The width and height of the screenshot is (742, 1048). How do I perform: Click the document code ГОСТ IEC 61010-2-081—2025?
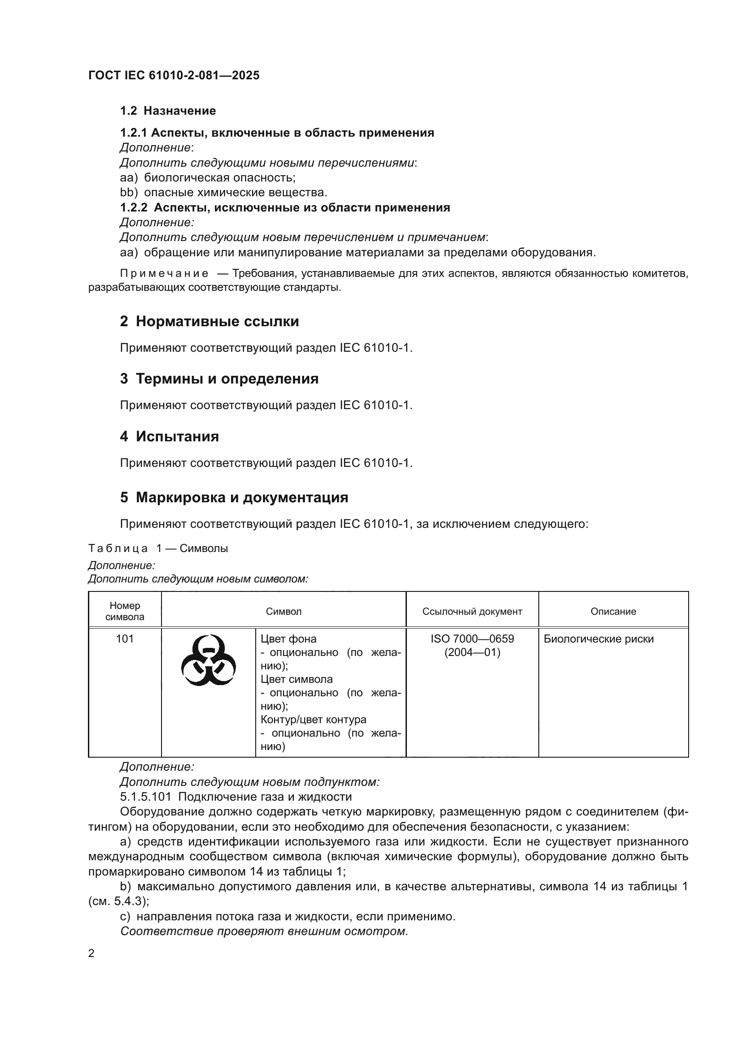tap(174, 75)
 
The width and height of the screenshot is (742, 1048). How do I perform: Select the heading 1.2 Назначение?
tap(168, 111)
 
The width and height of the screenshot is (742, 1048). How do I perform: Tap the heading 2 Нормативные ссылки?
tap(209, 321)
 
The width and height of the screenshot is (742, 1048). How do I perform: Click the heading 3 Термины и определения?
tap(219, 379)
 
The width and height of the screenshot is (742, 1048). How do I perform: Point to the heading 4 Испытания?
tap(170, 437)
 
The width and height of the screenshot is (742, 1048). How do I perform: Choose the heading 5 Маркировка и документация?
tap(234, 497)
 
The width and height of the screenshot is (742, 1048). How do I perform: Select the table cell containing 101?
tap(125, 639)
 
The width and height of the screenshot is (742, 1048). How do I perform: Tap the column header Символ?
tap(283, 612)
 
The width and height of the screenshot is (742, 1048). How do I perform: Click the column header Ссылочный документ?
tap(472, 612)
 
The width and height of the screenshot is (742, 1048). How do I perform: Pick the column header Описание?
tap(613, 612)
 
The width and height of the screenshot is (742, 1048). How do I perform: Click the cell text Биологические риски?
tap(598, 639)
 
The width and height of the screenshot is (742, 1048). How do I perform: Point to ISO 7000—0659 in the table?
tap(472, 639)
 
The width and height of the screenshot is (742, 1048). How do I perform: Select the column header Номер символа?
tap(125, 612)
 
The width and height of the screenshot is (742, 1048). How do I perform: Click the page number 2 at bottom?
tap(92, 953)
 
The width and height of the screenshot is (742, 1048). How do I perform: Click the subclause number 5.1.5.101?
tap(145, 797)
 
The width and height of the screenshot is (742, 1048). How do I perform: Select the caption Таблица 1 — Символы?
tap(158, 549)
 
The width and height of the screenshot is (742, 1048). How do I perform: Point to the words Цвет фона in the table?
tap(288, 639)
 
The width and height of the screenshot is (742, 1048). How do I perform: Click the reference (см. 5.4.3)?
tap(118, 901)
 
